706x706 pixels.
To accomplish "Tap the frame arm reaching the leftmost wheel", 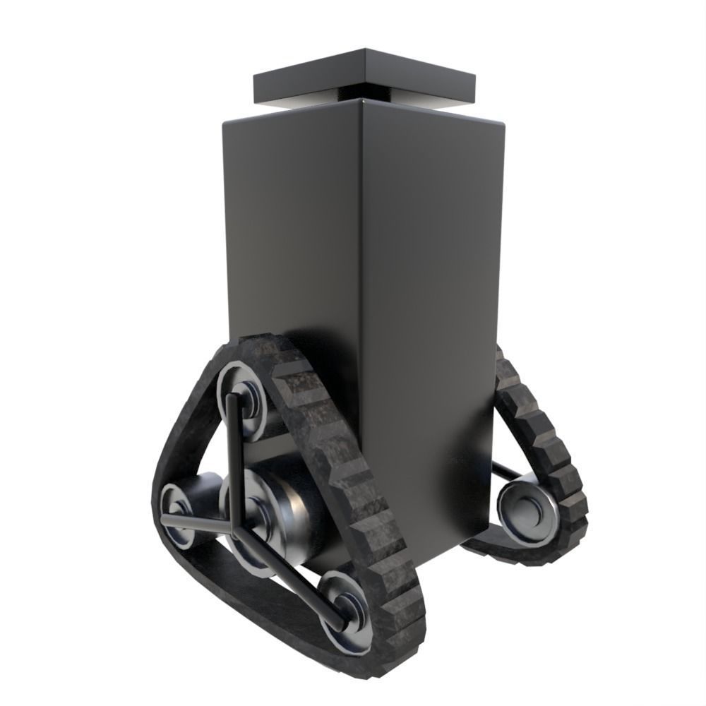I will click(x=198, y=521).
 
